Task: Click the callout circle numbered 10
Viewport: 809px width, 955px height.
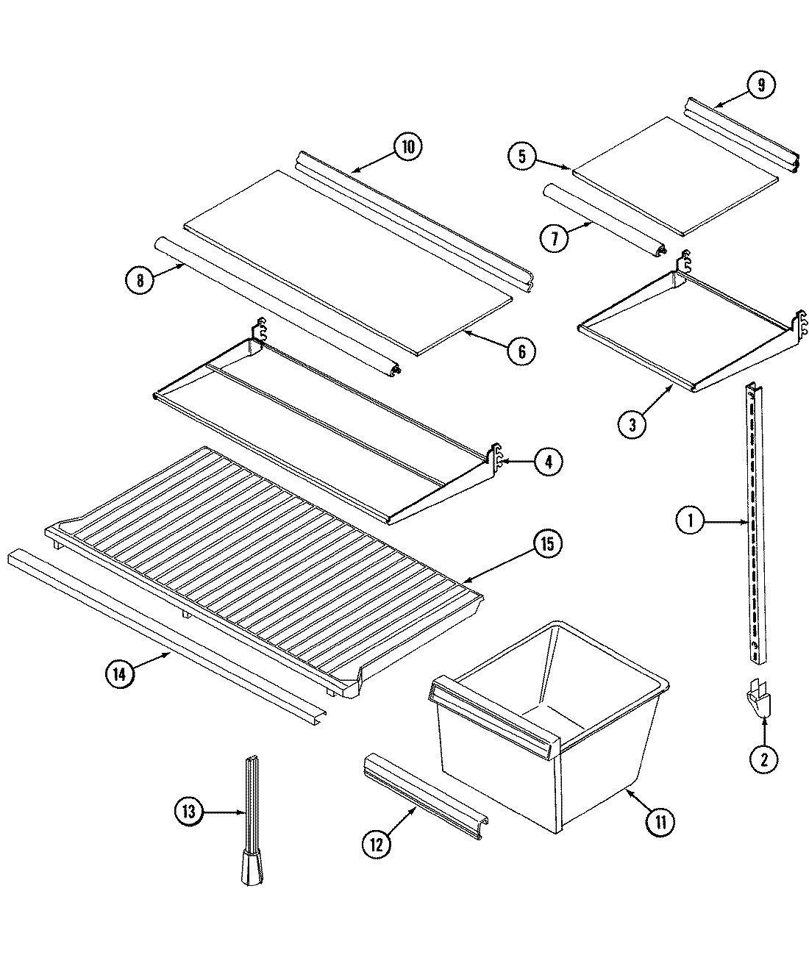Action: [x=407, y=147]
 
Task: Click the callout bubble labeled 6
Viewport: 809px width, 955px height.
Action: [x=521, y=351]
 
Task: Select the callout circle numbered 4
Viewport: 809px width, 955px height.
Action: [x=548, y=462]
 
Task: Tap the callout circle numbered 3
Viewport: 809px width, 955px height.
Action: [x=633, y=423]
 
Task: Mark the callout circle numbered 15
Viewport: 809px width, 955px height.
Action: [x=548, y=545]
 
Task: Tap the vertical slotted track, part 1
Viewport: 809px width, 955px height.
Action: [x=755, y=515]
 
